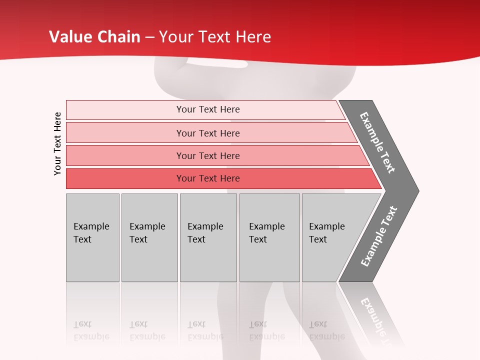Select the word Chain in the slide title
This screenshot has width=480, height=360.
pos(119,37)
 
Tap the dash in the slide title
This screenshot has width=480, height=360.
pos(149,37)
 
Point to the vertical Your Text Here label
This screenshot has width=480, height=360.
pos(57,143)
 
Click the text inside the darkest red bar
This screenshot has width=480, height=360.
pos(208,178)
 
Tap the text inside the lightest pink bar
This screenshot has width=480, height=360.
pos(208,109)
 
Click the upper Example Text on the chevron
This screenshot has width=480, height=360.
pos(377,142)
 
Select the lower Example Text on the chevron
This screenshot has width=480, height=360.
pos(378,236)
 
